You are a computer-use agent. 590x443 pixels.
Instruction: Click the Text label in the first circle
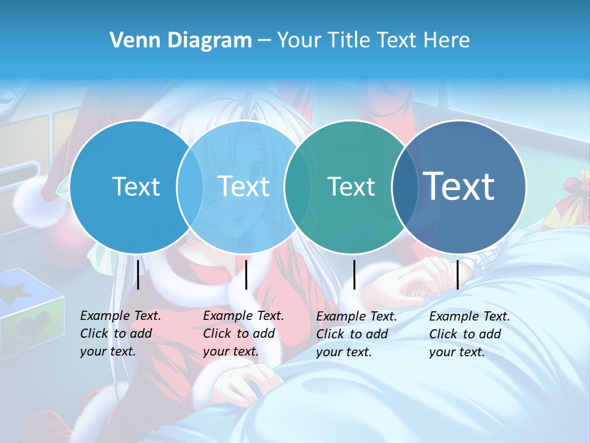[x=136, y=186]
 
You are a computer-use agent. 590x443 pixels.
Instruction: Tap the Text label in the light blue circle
[x=243, y=186]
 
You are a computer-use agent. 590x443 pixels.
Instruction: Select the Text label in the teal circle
[x=351, y=186]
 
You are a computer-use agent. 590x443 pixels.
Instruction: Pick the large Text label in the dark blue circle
[x=459, y=186]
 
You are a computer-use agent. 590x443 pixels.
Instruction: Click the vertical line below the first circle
[x=138, y=274]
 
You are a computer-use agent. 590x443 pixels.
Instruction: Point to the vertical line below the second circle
[x=246, y=274]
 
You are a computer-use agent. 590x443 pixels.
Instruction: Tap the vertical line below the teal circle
[x=354, y=274]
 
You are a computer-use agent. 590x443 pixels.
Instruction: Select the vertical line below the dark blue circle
[x=457, y=274]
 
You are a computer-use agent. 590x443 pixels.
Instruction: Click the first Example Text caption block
[x=120, y=333]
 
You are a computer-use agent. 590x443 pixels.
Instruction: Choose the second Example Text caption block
[x=243, y=333]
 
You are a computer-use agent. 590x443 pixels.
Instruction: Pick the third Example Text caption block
[x=356, y=334]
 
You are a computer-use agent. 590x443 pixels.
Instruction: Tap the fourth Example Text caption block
[x=470, y=334]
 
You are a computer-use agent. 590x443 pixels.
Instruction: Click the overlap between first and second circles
[x=190, y=186]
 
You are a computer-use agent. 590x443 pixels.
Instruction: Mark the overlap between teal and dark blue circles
[x=405, y=186]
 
